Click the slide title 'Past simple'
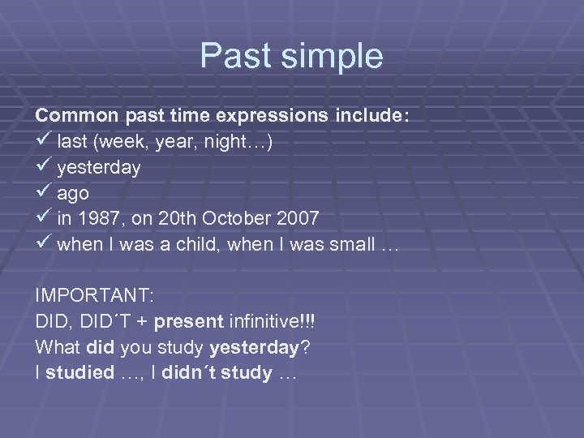coord(291,57)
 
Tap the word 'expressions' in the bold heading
coord(281,116)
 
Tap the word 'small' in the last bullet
coord(354,246)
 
